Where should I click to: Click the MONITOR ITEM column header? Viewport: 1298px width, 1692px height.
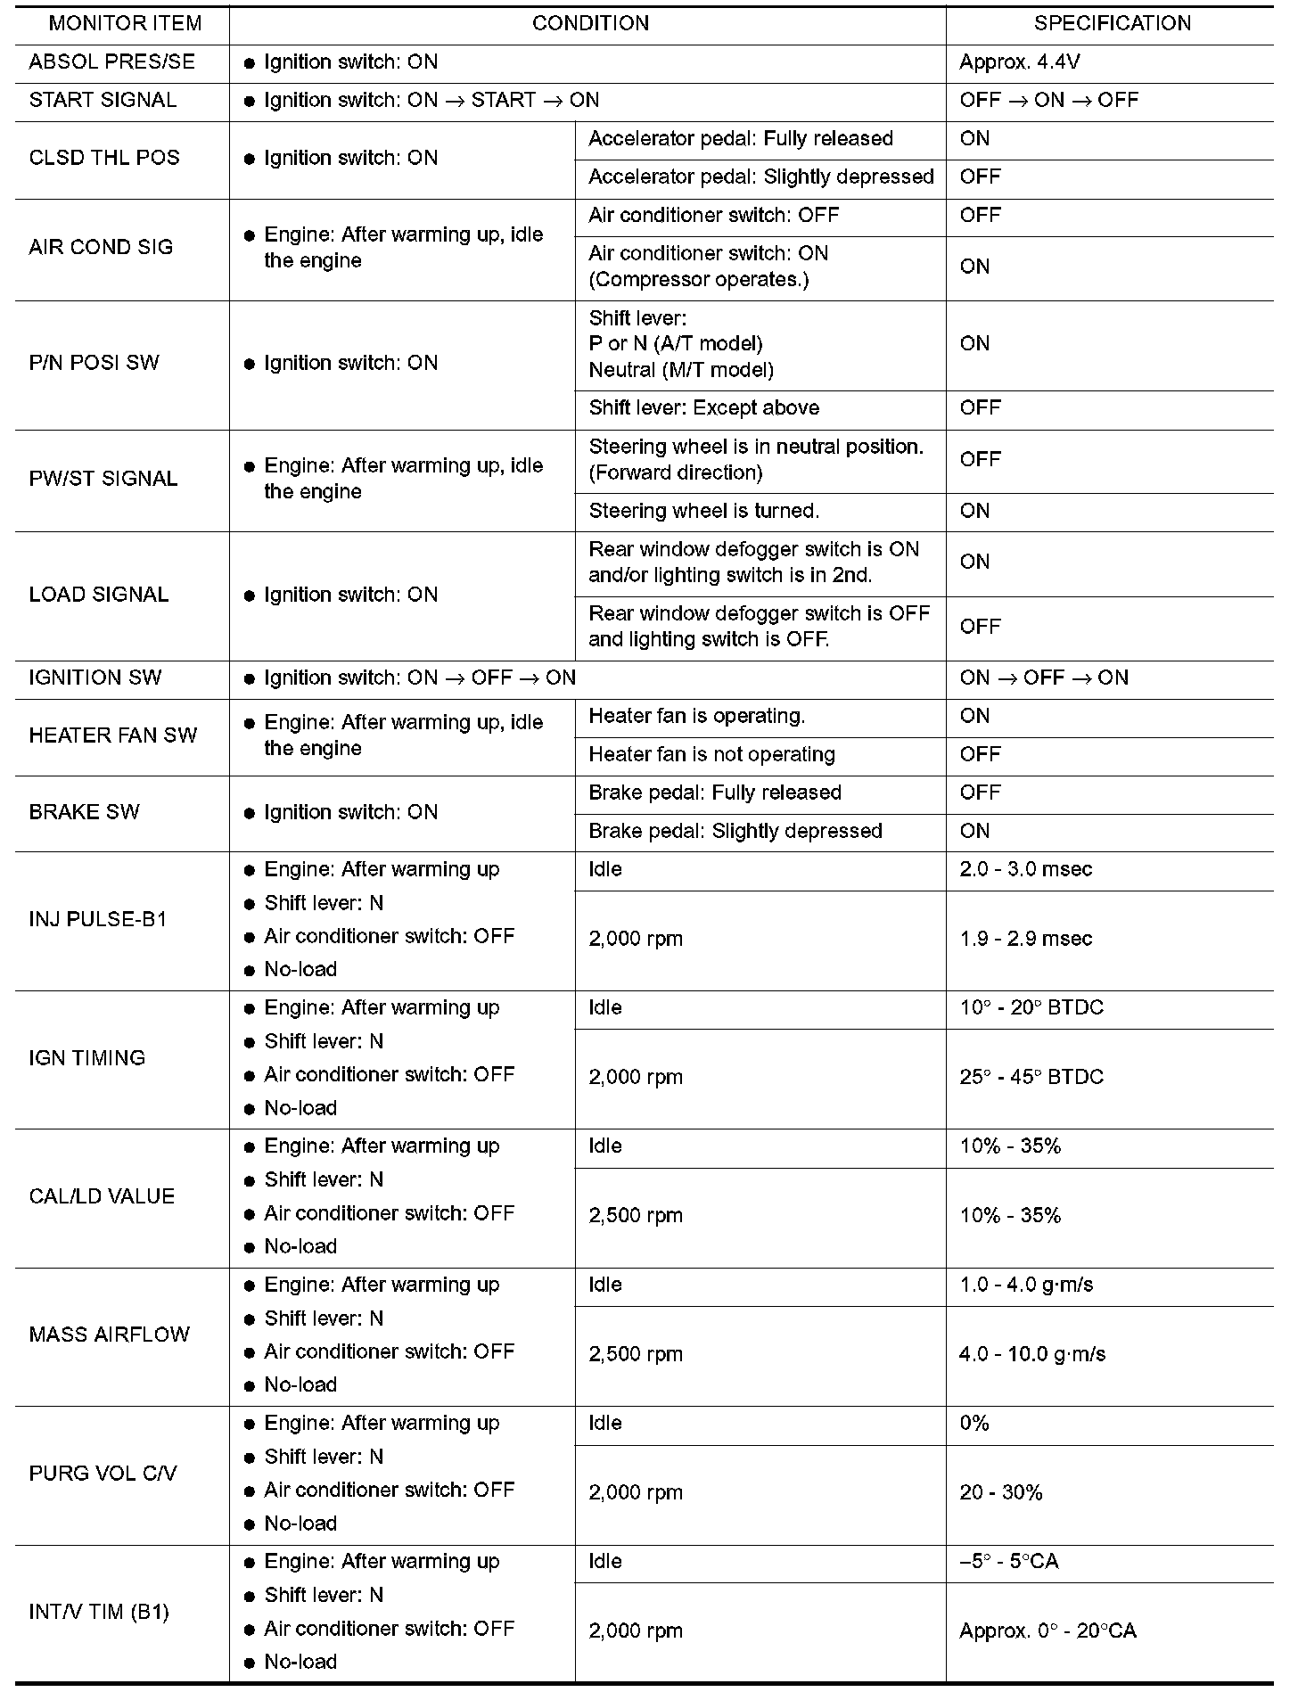pyautogui.click(x=125, y=23)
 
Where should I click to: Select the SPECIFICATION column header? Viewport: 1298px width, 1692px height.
pyautogui.click(x=1112, y=23)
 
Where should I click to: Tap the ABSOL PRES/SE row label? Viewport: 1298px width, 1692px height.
pyautogui.click(x=111, y=62)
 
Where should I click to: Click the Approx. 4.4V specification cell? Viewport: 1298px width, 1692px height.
pyautogui.click(x=1020, y=62)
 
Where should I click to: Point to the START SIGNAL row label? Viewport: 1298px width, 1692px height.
pyautogui.click(x=103, y=101)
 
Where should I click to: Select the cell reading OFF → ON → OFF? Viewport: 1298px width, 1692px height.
pyautogui.click(x=1048, y=101)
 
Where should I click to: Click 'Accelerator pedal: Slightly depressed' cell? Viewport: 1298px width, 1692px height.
pyautogui.click(x=760, y=177)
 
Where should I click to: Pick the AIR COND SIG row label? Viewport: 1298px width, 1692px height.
pyautogui.click(x=101, y=248)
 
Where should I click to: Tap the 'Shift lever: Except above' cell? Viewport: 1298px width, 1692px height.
pyautogui.click(x=703, y=408)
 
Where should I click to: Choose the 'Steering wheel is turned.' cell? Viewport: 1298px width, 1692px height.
pyautogui.click(x=703, y=512)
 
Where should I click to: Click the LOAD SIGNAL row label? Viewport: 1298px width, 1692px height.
pyautogui.click(x=98, y=595)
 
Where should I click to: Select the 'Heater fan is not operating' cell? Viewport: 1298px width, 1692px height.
pyautogui.click(x=711, y=755)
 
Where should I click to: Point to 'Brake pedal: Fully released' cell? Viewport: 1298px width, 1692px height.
pyautogui.click(x=714, y=793)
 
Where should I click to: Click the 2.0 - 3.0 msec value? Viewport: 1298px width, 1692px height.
pyautogui.click(x=1025, y=870)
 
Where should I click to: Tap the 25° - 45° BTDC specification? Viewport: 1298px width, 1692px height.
pyautogui.click(x=1031, y=1078)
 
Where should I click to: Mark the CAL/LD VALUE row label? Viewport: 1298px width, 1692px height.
pyautogui.click(x=102, y=1197)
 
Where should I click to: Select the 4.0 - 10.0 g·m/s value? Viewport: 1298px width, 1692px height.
pyautogui.click(x=1031, y=1355)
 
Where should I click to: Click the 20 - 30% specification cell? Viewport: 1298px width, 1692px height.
pyautogui.click(x=1000, y=1493)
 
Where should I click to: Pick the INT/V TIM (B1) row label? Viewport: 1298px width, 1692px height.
pyautogui.click(x=99, y=1613)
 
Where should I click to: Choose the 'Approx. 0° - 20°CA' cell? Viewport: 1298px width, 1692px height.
pyautogui.click(x=1047, y=1632)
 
